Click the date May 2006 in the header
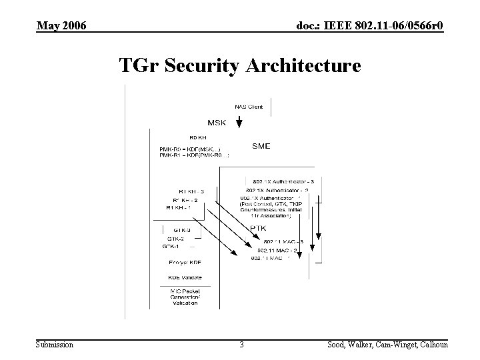61,25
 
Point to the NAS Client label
249,107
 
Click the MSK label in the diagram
217,123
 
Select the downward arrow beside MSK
239,123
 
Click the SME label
261,145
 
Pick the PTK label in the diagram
259,228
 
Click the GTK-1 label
171,246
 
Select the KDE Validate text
185,277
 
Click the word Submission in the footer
55,345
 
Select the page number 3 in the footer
241,345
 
